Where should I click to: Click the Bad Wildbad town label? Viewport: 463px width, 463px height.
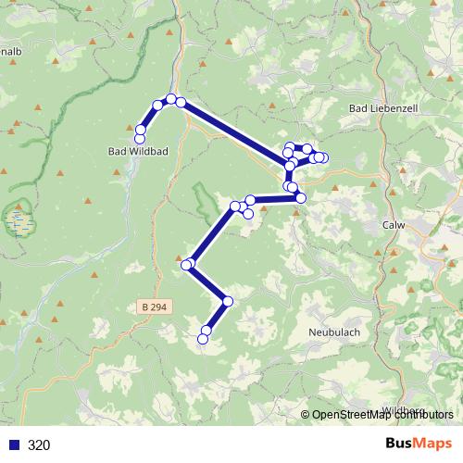tap(138, 151)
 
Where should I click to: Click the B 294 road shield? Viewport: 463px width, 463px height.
tap(156, 307)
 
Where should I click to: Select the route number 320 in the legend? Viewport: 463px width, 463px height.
tap(39, 444)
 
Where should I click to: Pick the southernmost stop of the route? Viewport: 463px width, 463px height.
tap(204, 340)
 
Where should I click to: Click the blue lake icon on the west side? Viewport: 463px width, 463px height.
tap(17, 220)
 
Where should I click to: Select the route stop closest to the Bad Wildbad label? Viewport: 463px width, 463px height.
tap(140, 139)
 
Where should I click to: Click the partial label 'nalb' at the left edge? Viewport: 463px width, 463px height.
tap(11, 52)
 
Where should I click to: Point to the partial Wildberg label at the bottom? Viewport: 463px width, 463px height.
tap(404, 409)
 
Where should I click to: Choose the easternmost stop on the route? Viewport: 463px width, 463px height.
tap(322, 157)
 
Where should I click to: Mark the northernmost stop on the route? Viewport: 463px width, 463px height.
tap(171, 98)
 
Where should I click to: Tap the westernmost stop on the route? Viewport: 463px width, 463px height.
tap(140, 139)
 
